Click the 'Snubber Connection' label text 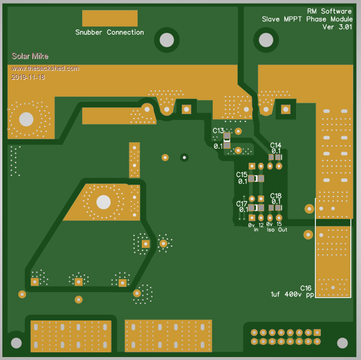click(x=109, y=32)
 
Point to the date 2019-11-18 click(x=28, y=77)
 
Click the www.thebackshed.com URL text click(x=45, y=68)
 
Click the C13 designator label click(x=218, y=130)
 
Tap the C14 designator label click(x=276, y=145)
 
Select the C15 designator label click(x=242, y=174)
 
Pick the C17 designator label click(x=242, y=203)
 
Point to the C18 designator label click(x=276, y=195)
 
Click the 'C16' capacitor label click(x=305, y=288)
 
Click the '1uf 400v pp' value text click(x=292, y=294)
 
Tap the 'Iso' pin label click(x=271, y=230)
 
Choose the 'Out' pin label click(x=282, y=230)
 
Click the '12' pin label click(x=261, y=225)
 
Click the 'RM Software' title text click(x=329, y=11)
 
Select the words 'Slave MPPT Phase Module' click(x=307, y=19)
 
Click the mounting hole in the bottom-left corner click(x=16, y=342)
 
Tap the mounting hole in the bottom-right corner click(x=342, y=343)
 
